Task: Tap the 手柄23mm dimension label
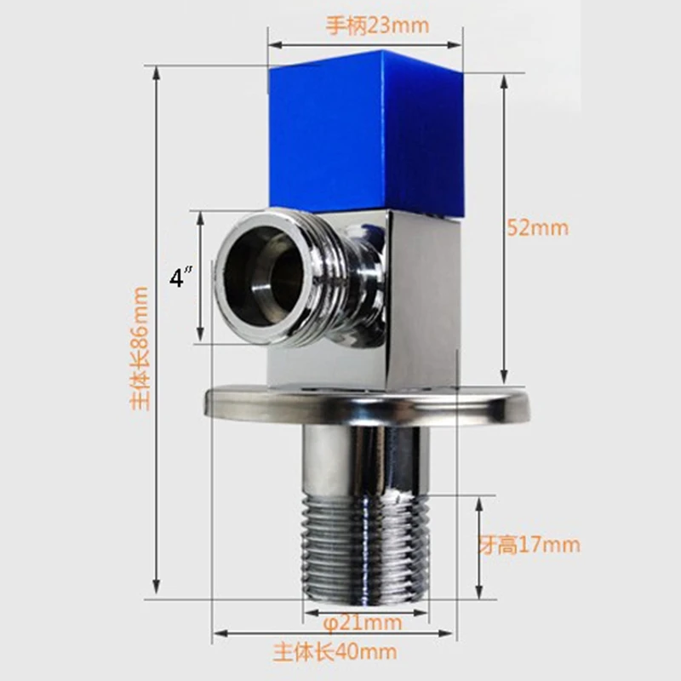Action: point(377,26)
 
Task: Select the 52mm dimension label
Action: point(538,227)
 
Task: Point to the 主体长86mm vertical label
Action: point(140,348)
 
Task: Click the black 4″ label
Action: point(180,278)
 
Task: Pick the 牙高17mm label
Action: point(529,545)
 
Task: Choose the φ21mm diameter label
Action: point(363,623)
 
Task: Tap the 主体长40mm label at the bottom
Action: point(335,652)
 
